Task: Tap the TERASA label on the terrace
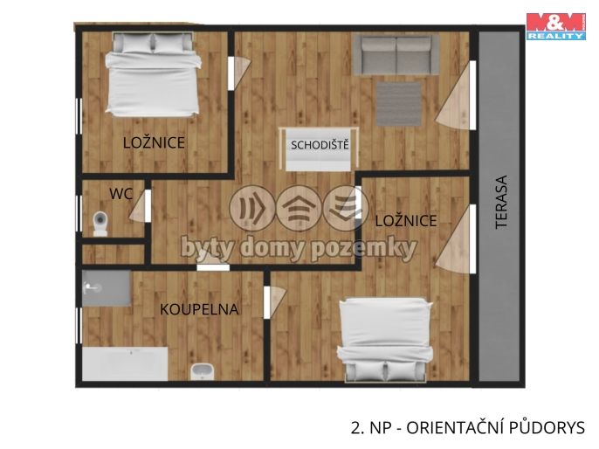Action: [501, 203]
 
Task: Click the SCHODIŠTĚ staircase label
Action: [320, 145]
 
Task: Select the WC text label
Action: [120, 194]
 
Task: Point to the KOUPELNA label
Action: [198, 309]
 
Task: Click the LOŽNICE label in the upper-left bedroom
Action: [154, 142]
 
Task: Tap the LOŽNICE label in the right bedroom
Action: [405, 222]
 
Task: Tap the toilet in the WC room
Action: [100, 224]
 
